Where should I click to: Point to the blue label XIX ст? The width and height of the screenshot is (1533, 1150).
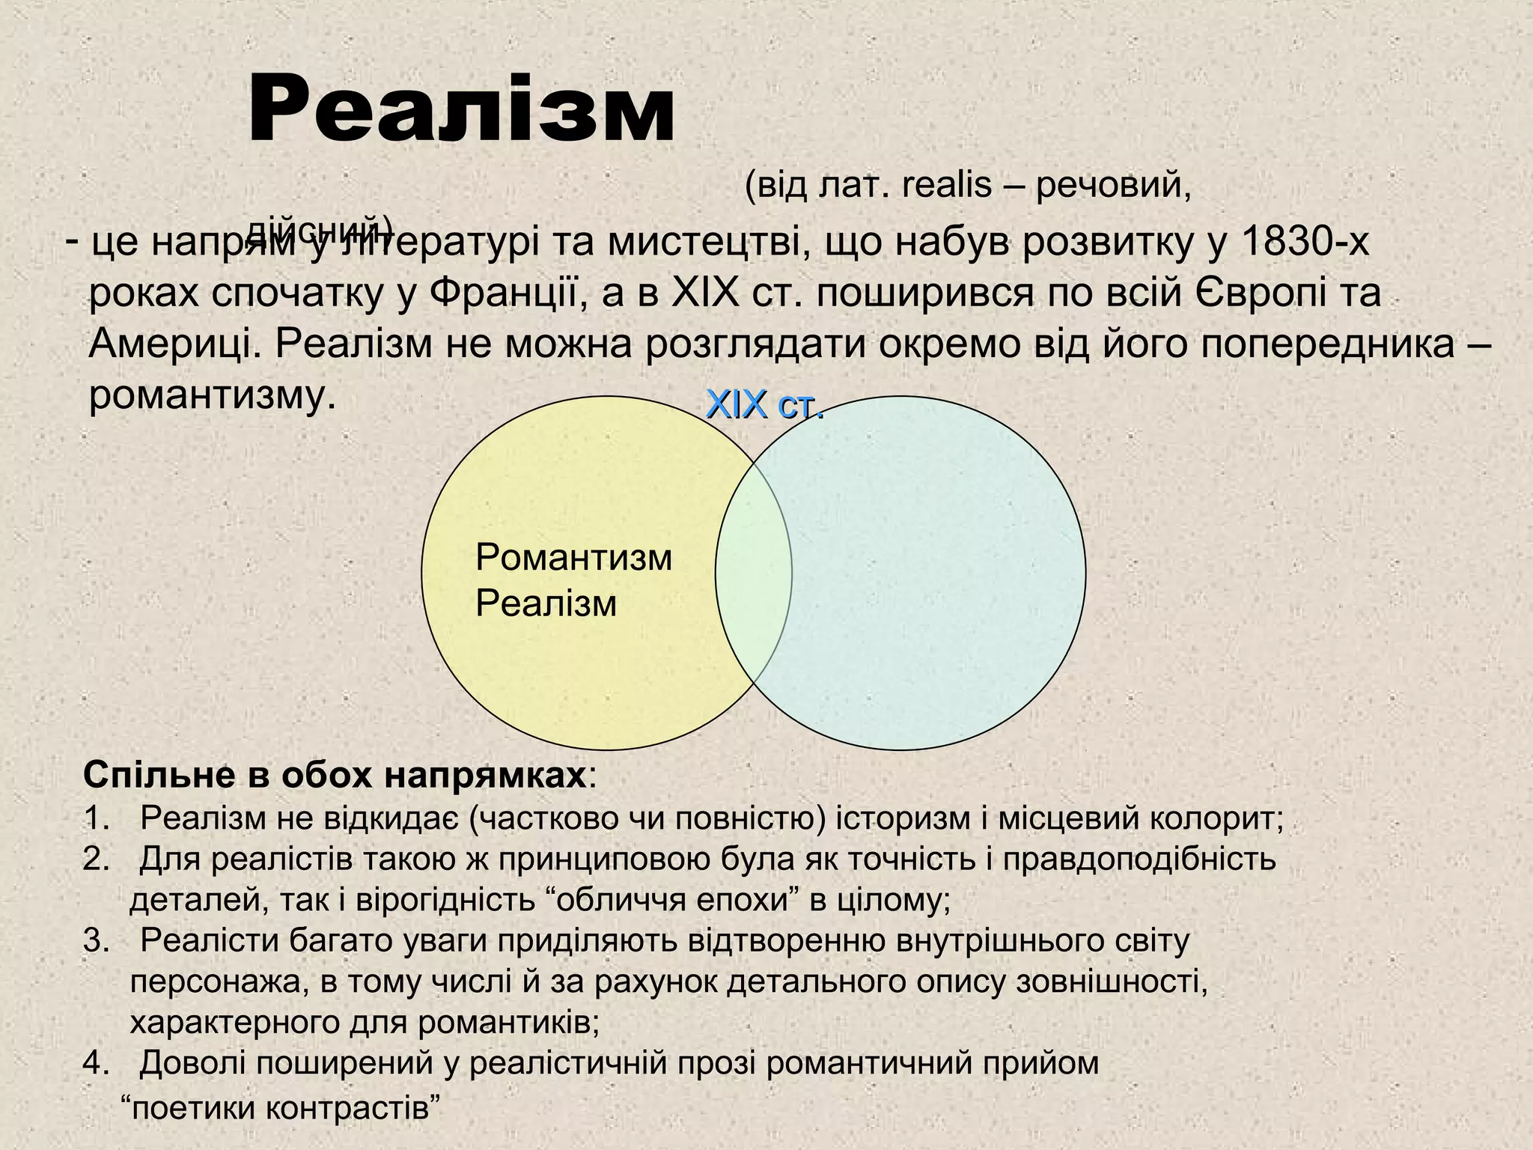(x=764, y=406)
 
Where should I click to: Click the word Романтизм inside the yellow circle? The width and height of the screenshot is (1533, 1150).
(x=573, y=558)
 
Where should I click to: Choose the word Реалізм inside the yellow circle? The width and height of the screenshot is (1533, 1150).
(x=546, y=603)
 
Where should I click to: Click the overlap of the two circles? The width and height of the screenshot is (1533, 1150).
(x=753, y=573)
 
